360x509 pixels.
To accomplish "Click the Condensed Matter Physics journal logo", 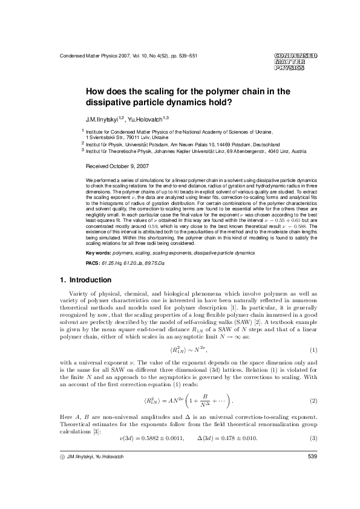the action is click(x=295, y=62).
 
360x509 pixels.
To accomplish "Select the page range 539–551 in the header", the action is click(x=185, y=56).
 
